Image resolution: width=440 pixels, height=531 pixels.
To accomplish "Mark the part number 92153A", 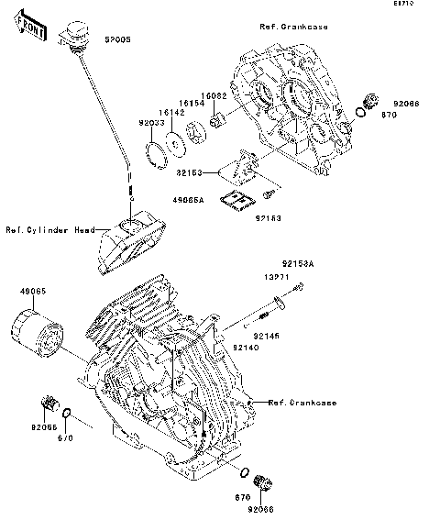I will [x=298, y=262].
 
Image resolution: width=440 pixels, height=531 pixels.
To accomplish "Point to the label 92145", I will [x=269, y=313].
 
